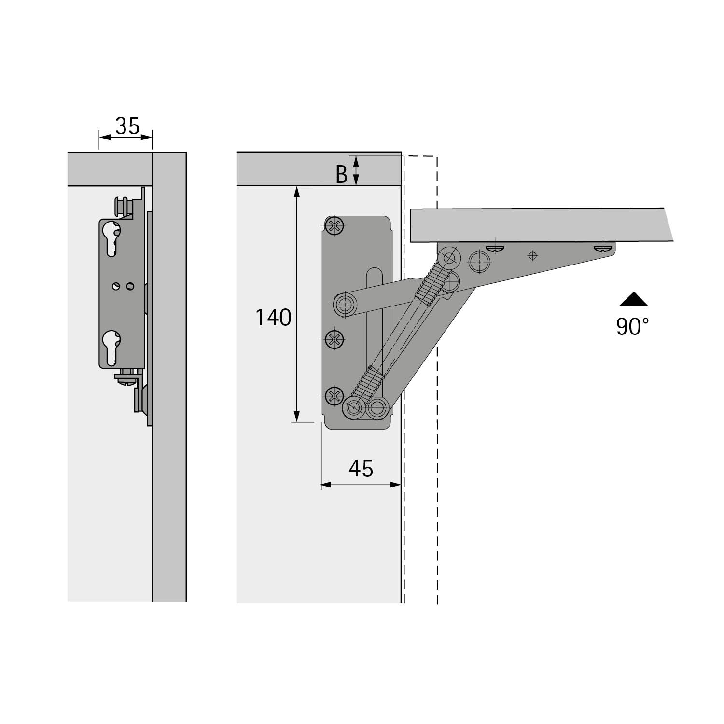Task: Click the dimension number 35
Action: (127, 126)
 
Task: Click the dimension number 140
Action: (273, 318)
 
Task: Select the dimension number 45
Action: (361, 469)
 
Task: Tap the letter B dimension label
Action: (341, 175)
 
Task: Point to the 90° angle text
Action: (632, 327)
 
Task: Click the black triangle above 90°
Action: (634, 300)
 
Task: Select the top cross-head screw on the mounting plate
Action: (334, 225)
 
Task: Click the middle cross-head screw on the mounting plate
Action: (334, 340)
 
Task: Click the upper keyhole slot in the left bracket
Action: (111, 239)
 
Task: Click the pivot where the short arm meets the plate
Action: (345, 305)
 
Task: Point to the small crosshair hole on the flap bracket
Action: (532, 255)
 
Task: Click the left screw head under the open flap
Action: (495, 248)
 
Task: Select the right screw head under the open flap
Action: (602, 248)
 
